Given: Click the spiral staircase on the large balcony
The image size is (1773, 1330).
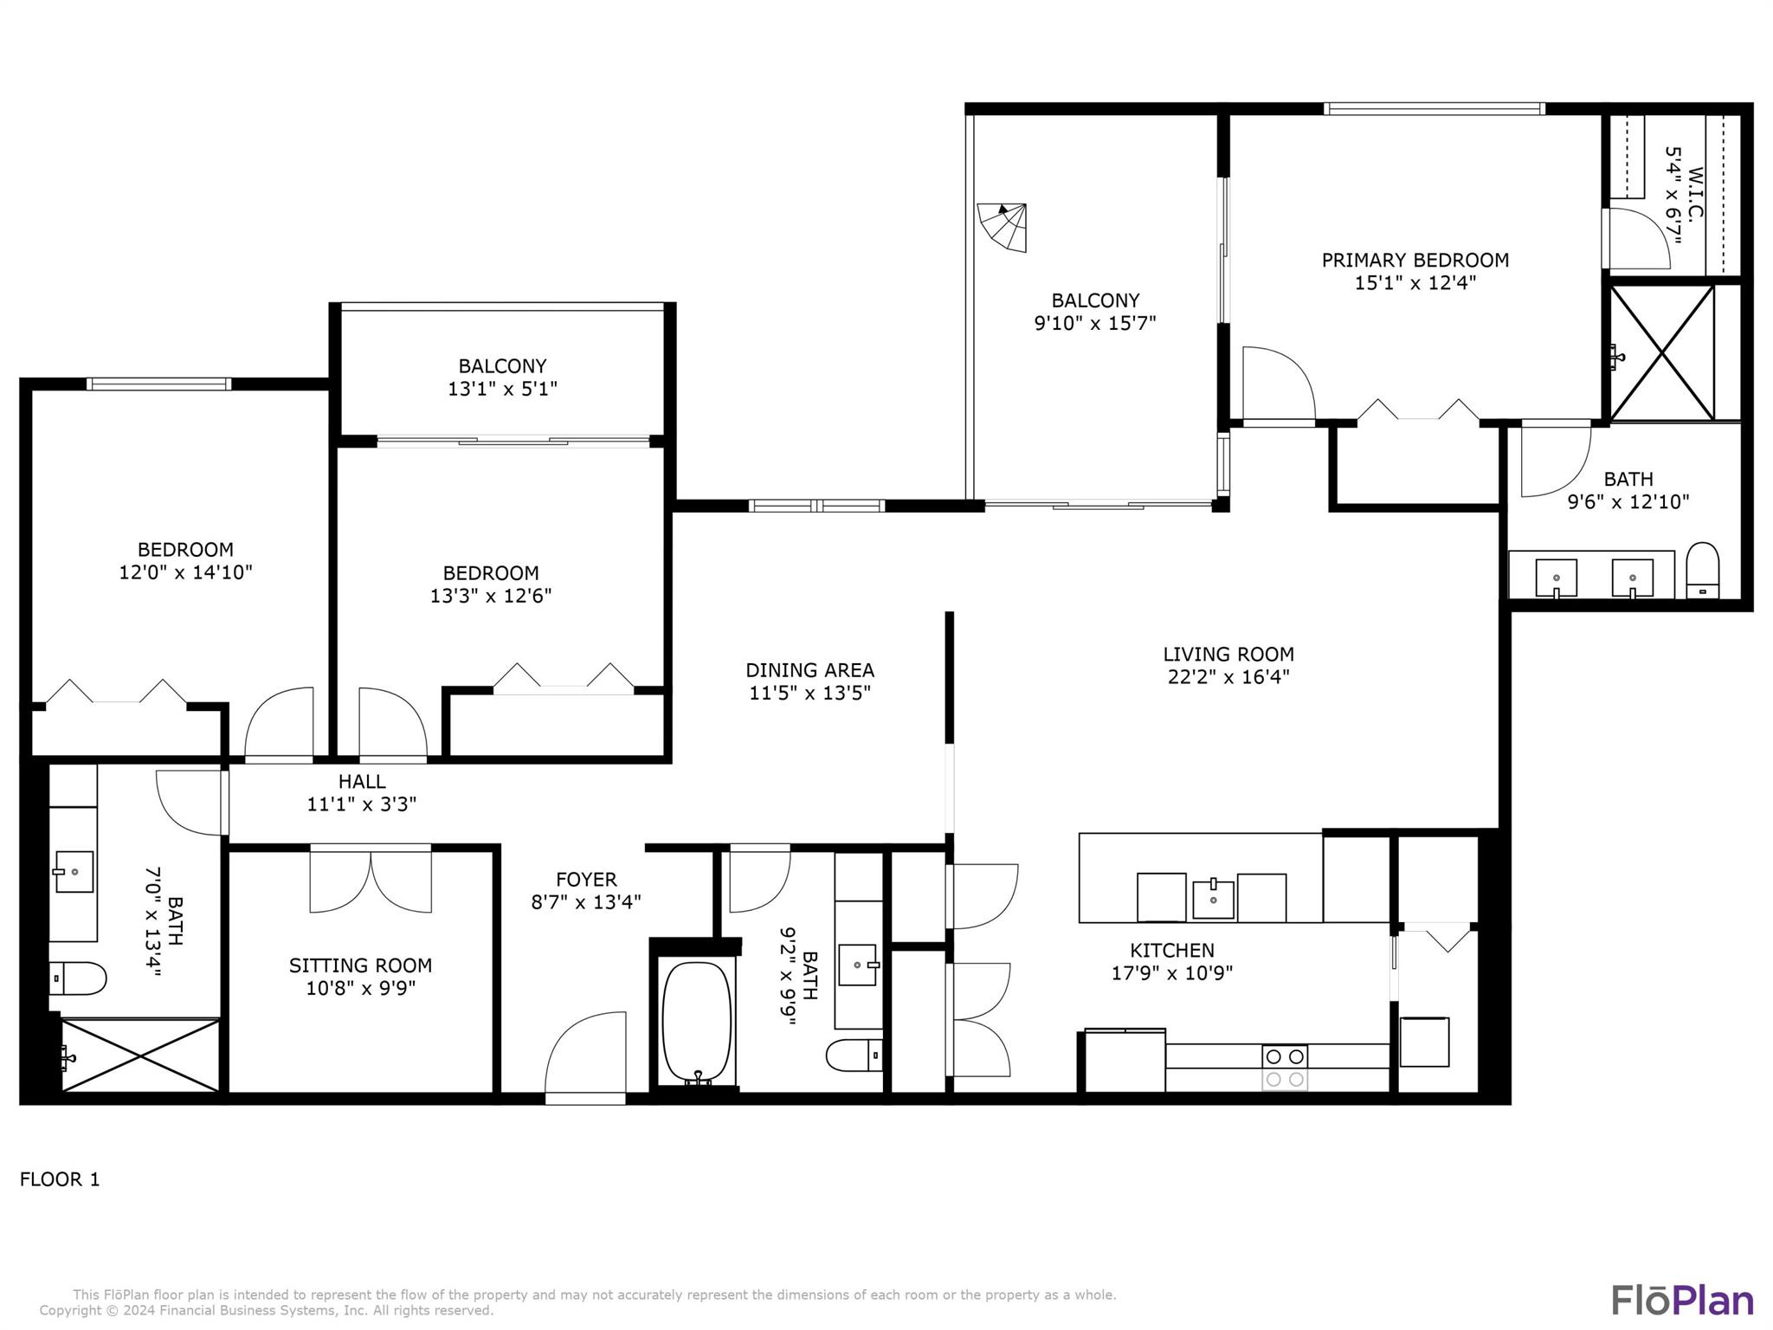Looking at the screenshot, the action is tap(1003, 227).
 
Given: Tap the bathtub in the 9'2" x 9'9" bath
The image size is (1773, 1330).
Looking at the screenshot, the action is tap(697, 1023).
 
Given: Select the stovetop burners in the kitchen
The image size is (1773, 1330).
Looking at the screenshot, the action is tap(1285, 1068).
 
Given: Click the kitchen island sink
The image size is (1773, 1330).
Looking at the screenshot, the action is tap(1213, 898).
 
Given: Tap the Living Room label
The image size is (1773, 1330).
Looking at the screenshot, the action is tap(1228, 655).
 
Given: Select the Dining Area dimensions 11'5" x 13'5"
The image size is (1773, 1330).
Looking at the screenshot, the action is tap(810, 693).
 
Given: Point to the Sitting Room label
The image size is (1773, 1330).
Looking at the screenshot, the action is tap(360, 965).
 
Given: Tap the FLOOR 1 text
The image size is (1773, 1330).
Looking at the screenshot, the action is tap(60, 1179).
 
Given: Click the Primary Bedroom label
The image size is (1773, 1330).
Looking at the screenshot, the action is tap(1415, 260).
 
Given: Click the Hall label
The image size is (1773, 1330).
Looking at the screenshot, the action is tap(362, 782).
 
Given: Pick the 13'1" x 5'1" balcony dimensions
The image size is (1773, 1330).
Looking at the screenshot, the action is tap(502, 389).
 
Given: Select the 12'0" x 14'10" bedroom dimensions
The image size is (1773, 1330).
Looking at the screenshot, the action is tap(185, 572).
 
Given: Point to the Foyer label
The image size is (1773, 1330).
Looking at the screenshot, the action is tap(586, 880).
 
